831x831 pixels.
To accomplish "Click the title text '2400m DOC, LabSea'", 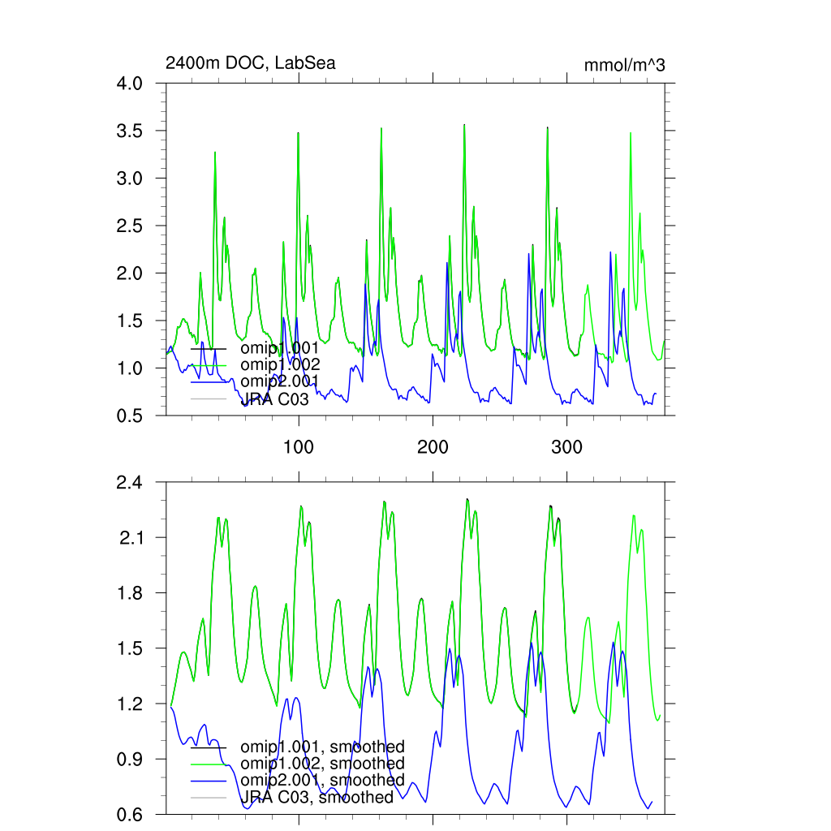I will click(x=250, y=63).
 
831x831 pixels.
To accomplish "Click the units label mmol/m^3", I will click(x=624, y=65).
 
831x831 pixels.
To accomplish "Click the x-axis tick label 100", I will click(x=299, y=447).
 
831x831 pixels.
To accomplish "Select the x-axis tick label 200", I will click(x=433, y=447).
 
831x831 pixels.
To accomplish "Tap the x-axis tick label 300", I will click(x=566, y=447).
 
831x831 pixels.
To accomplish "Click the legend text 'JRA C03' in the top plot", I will click(x=275, y=398).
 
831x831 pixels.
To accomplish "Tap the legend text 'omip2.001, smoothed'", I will click(x=322, y=781).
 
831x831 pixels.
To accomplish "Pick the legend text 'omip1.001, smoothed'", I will click(x=322, y=747).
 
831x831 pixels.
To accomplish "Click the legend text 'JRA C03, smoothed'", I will click(x=317, y=798).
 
